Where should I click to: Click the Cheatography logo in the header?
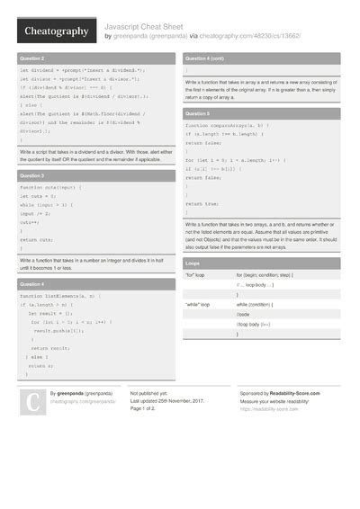(x=55, y=31)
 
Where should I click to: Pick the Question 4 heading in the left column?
(x=32, y=283)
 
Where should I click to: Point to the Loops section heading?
(x=193, y=263)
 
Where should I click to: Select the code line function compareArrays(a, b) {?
(x=226, y=126)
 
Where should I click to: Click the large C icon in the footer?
(x=33, y=402)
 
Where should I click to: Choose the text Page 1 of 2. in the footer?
(x=145, y=409)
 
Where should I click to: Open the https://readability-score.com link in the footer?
(x=269, y=409)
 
